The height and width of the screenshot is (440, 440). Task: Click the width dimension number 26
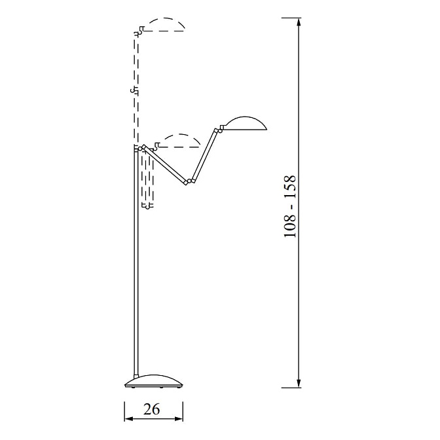pyautogui.click(x=151, y=409)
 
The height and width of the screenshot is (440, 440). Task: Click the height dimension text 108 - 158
pyautogui.click(x=290, y=206)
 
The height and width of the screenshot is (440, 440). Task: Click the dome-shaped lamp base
pyautogui.click(x=153, y=382)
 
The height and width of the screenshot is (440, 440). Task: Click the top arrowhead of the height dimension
pyautogui.click(x=299, y=22)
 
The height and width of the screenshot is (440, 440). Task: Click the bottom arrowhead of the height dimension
pyautogui.click(x=299, y=383)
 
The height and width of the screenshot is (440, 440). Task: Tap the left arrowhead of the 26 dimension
pyautogui.click(x=128, y=418)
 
